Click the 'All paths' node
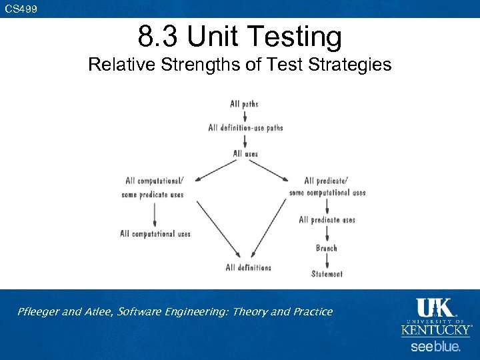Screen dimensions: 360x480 tap(244, 104)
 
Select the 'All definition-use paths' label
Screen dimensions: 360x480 tap(245, 128)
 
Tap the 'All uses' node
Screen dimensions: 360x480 tap(245, 154)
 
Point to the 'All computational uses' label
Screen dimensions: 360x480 tap(155, 234)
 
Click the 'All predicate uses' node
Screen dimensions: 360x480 tap(327, 220)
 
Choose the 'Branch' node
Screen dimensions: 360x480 tap(327, 248)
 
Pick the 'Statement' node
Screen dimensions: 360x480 tap(327, 274)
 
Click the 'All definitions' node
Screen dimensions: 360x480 tap(248, 268)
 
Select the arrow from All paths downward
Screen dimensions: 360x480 tap(245, 115)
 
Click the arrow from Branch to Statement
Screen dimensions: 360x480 tap(327, 261)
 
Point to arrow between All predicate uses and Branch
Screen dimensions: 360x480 tap(327, 234)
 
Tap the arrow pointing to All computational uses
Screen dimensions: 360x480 tap(155, 214)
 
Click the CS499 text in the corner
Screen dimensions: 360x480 tap(21, 9)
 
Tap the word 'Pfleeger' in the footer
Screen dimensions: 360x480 tap(40, 311)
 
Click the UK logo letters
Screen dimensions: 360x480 tap(434, 308)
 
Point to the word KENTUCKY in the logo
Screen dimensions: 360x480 tap(435, 330)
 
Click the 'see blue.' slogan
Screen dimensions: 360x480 tap(435, 347)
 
